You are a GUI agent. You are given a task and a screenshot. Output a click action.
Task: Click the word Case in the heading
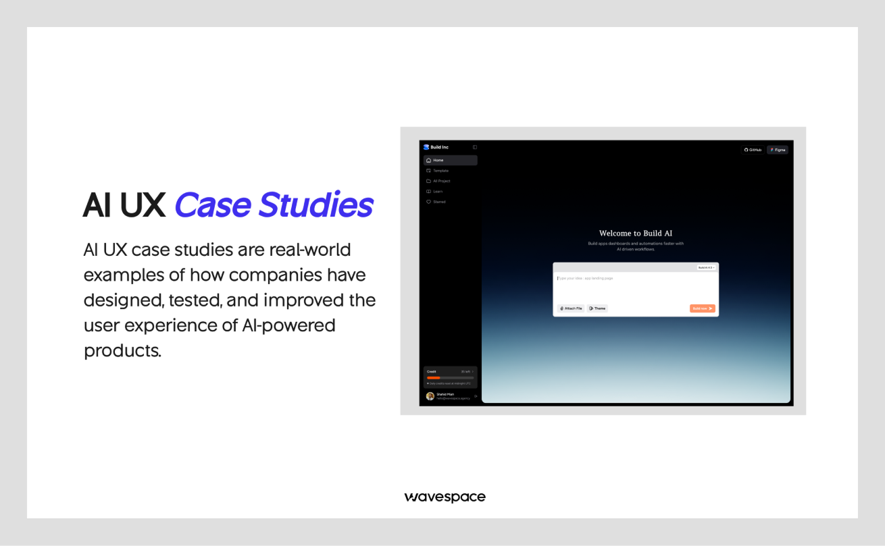point(213,205)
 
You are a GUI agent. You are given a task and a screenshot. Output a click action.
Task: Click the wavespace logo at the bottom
point(445,497)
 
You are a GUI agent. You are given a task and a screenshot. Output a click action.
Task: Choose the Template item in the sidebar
point(440,171)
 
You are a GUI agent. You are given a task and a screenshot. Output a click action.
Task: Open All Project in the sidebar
point(441,181)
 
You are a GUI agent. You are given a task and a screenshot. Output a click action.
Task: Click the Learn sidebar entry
point(438,192)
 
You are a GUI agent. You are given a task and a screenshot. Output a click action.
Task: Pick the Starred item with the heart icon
point(439,202)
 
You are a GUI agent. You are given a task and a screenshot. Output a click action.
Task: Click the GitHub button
point(753,150)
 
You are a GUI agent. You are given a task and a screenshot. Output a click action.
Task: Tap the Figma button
point(778,150)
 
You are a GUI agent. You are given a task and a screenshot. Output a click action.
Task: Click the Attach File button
point(571,308)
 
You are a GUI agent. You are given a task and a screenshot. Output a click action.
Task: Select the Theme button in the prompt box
point(597,308)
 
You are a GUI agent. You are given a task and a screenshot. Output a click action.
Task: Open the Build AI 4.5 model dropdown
point(706,267)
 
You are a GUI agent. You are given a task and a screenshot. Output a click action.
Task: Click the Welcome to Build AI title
point(636,234)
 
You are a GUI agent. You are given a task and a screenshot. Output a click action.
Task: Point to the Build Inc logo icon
point(426,147)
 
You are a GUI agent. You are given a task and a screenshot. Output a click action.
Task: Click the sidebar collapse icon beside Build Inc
point(475,147)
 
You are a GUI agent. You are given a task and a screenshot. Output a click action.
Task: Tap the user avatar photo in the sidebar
point(430,396)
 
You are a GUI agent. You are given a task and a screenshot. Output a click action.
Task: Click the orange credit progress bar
point(434,378)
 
